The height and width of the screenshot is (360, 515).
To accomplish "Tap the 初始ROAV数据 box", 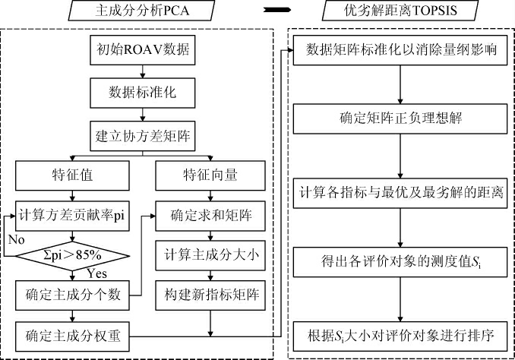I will (143, 53).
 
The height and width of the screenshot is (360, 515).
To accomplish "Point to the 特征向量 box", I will (210, 175).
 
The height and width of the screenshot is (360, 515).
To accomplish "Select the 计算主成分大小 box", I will (210, 254).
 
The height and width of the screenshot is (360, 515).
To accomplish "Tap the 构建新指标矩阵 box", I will (210, 292).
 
